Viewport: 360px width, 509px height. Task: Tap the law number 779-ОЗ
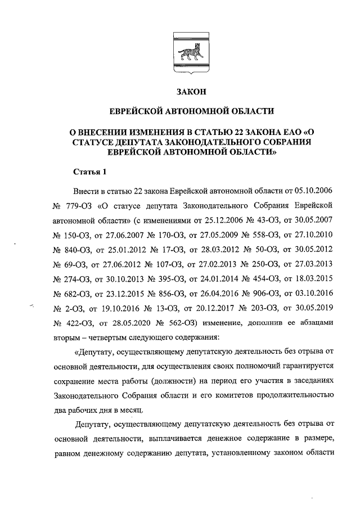(85, 205)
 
